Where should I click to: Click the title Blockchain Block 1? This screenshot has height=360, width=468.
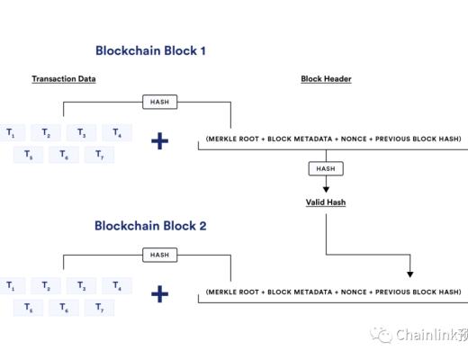150,51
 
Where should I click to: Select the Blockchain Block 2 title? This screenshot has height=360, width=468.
150,226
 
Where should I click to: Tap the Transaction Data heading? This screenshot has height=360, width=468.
63,79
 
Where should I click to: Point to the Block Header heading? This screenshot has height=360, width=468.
326,79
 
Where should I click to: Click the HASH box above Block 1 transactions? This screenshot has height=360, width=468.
159,102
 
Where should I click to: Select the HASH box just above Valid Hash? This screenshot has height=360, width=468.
325,169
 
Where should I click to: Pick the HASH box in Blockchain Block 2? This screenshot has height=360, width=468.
159,255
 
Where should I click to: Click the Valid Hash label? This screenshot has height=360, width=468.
325,202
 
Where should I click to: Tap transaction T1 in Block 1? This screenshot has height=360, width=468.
11,132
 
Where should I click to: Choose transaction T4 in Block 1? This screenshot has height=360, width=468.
116,132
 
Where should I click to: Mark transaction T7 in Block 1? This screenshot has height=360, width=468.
99,155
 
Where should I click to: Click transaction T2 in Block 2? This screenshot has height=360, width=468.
46,286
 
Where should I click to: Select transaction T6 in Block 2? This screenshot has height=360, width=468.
64,308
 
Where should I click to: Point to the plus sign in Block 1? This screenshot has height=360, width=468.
159,140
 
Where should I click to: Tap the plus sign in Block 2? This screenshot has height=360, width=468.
159,293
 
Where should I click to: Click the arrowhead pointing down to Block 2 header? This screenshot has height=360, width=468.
410,271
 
